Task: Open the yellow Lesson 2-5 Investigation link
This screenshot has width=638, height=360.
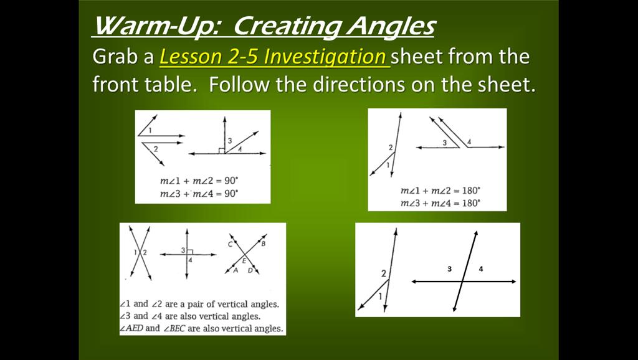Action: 273,57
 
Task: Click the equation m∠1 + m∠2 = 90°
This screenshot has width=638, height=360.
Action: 199,181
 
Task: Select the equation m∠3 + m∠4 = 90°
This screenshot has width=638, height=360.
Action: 199,194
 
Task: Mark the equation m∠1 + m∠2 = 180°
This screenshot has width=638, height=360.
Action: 440,191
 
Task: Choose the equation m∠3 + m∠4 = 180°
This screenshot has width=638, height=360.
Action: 440,203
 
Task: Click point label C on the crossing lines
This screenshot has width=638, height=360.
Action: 230,244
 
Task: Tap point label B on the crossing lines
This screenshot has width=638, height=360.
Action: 263,244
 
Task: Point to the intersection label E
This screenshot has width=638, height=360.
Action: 244,261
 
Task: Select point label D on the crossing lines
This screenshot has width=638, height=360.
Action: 250,270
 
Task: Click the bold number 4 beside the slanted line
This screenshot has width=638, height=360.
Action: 481,269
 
